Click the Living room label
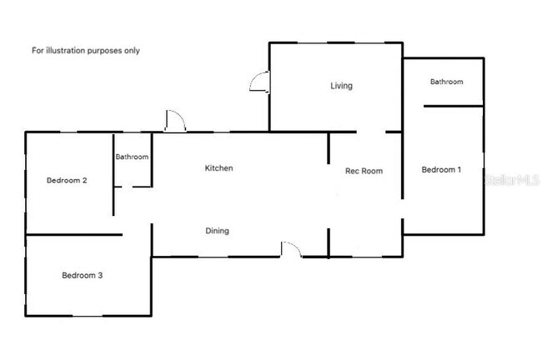[341, 86]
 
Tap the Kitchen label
[218, 168]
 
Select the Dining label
[217, 231]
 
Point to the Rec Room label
[364, 171]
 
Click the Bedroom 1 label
[441, 170]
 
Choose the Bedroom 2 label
[67, 180]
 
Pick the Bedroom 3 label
[82, 275]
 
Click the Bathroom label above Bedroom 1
[446, 82]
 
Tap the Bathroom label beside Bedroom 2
[132, 157]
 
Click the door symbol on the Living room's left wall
[259, 82]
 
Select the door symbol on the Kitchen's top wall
[175, 122]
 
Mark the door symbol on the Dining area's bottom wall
[291, 248]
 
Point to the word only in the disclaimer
[132, 50]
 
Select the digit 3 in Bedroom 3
[100, 275]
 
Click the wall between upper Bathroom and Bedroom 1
[454, 106]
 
